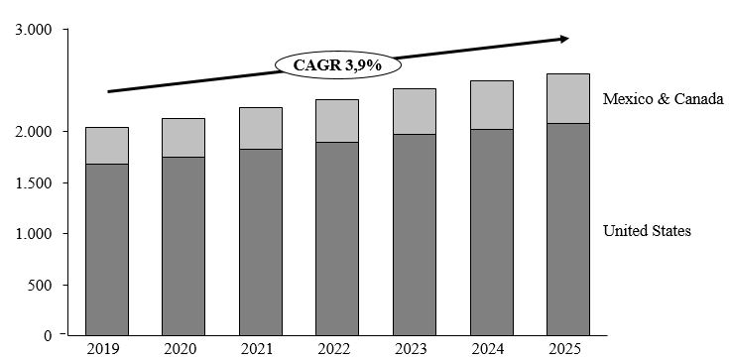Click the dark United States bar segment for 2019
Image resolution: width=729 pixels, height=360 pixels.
click(106, 249)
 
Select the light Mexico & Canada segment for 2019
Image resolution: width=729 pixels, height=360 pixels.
click(106, 145)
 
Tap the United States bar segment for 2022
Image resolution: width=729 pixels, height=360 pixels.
click(337, 238)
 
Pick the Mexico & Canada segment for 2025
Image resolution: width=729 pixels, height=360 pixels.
click(568, 98)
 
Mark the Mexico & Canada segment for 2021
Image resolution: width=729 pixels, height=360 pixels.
click(260, 128)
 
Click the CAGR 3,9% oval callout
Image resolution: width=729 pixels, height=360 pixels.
click(338, 65)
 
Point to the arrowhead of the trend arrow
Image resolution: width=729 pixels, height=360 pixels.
click(563, 39)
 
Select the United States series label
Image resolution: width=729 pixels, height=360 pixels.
click(647, 231)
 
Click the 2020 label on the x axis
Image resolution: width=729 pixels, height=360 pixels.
click(183, 349)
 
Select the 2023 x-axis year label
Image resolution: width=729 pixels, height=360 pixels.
click(415, 349)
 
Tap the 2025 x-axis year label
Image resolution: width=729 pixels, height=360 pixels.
click(568, 349)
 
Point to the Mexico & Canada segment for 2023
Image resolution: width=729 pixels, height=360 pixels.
click(415, 111)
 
